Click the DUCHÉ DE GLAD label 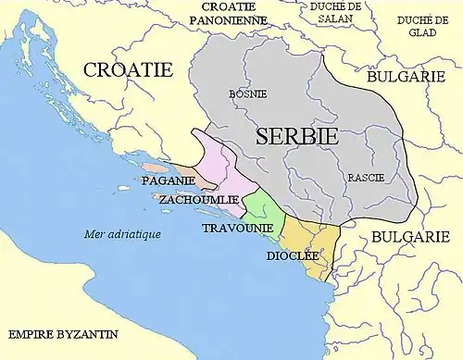tap(422, 25)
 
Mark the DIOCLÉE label tap(294, 254)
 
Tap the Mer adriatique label tap(121, 234)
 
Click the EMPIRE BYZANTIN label tap(56, 333)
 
